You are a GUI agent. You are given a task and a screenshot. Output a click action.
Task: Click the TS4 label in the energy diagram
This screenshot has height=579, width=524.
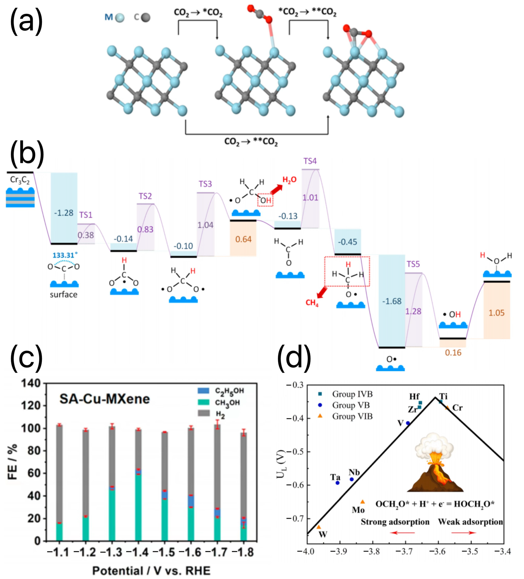[310, 161]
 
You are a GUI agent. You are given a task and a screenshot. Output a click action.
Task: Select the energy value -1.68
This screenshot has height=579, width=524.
[392, 301]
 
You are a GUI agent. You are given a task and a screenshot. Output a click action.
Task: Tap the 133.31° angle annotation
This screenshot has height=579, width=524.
[65, 255]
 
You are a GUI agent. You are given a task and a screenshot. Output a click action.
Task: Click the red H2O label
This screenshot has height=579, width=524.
[289, 180]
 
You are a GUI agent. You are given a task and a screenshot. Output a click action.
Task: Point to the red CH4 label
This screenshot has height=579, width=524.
[312, 303]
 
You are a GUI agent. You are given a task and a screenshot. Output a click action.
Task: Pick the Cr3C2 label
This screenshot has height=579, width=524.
[20, 180]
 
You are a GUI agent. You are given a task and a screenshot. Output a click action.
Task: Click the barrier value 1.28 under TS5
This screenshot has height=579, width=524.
[413, 311]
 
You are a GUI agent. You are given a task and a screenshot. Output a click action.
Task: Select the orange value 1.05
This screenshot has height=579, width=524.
[496, 313]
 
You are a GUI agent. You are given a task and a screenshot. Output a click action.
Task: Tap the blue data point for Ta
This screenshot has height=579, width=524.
[337, 483]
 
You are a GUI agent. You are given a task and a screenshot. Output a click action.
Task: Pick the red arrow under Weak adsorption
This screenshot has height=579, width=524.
[464, 533]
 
